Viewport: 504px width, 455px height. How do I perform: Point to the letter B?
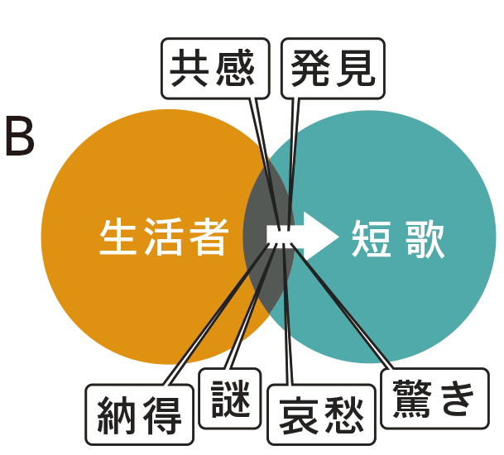(x=20, y=137)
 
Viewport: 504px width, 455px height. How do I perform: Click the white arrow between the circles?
(x=303, y=235)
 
